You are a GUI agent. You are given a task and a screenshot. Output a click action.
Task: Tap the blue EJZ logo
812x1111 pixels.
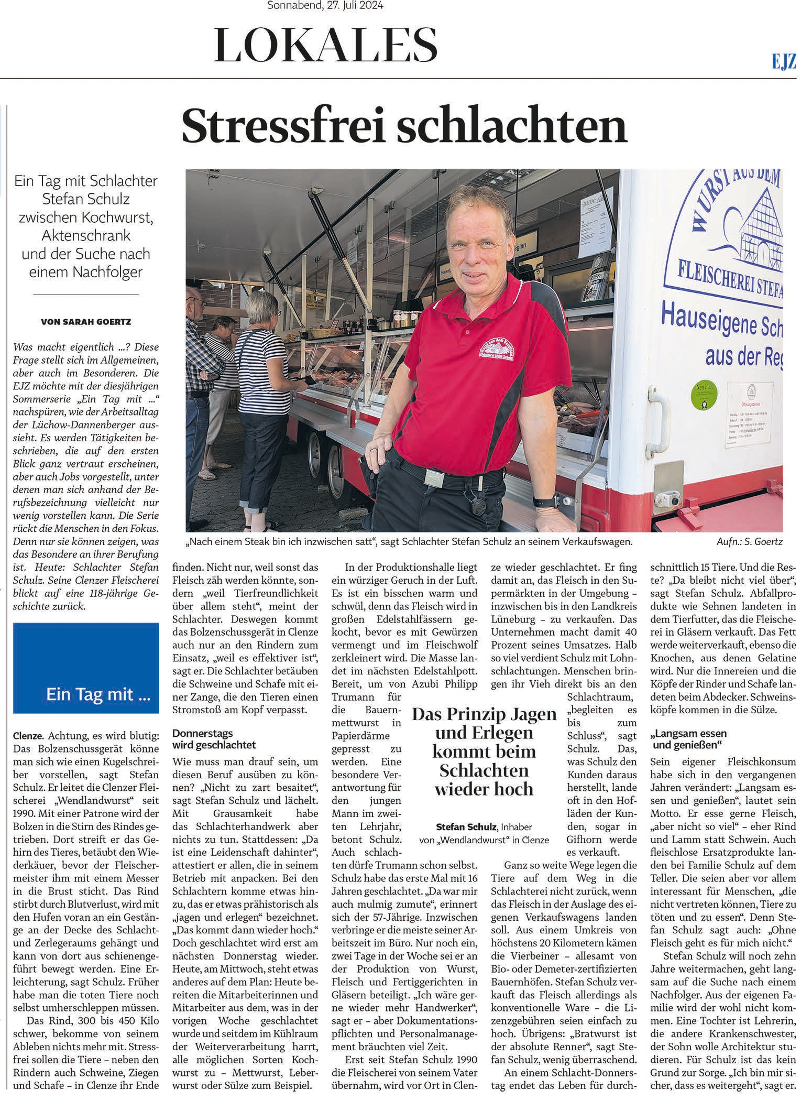[x=784, y=62]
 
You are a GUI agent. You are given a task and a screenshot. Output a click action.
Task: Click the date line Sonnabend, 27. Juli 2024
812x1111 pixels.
[x=325, y=6]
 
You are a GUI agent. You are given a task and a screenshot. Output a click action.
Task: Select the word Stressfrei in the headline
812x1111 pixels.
[x=282, y=126]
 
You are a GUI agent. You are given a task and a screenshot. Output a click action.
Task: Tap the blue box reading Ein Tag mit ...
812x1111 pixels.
[x=86, y=668]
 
